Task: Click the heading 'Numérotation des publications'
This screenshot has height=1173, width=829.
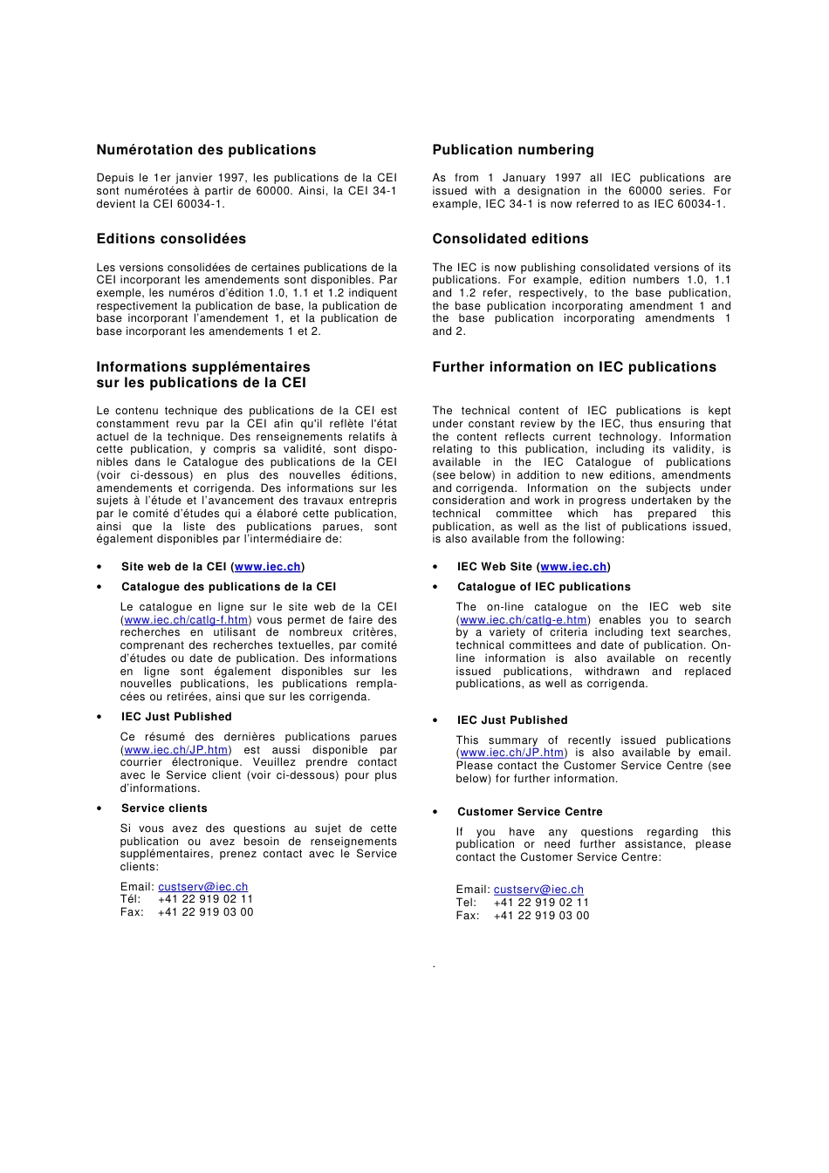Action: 206,150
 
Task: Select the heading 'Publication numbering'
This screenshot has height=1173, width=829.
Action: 512,150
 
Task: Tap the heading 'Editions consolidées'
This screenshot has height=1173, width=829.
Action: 171,239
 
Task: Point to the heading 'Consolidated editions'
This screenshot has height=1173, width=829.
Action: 510,239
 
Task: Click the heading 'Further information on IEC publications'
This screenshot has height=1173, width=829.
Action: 573,367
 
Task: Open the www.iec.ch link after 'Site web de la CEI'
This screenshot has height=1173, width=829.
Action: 267,567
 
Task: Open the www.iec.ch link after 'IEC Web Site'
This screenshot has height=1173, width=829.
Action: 573,567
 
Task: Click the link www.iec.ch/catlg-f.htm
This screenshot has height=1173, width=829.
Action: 186,620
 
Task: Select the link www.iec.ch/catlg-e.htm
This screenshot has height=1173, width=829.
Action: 523,620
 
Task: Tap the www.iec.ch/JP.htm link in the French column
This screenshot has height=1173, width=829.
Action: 176,750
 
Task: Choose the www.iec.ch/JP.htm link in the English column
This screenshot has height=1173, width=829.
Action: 511,753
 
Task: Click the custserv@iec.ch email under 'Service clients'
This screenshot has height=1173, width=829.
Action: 202,887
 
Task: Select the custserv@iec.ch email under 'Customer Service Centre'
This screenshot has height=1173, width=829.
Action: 538,890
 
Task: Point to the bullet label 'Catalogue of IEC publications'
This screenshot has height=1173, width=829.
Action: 543,587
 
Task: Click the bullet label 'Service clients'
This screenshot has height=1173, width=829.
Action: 164,808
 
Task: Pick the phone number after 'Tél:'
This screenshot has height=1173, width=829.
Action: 205,899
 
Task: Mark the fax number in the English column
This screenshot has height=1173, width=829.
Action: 541,916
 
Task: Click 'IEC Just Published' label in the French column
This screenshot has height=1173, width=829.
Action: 176,717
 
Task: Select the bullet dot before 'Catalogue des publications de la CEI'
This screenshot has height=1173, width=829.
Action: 99,588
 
